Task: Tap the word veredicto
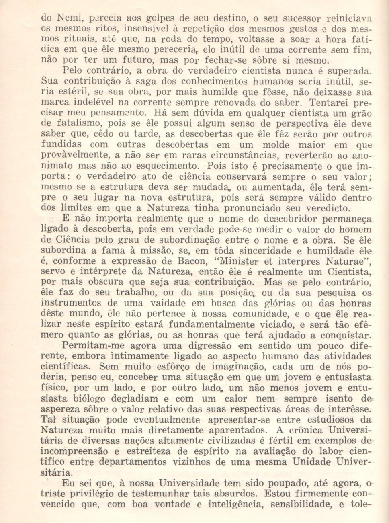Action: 328,208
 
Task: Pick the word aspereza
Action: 62,409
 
